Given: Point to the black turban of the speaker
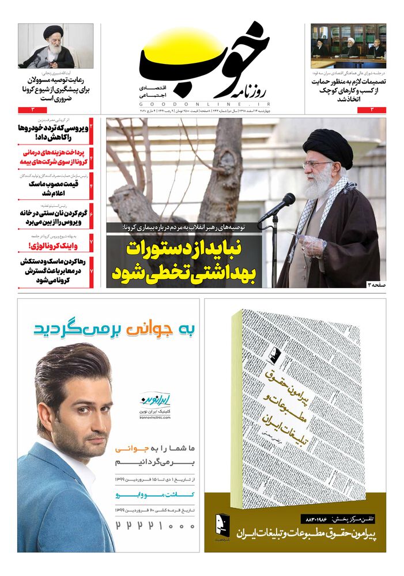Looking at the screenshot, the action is (327, 146).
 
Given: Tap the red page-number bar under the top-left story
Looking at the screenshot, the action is (55, 109).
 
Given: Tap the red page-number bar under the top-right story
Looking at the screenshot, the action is (348, 109).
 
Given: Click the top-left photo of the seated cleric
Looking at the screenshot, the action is (55, 46).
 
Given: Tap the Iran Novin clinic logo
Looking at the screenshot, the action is (153, 400).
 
